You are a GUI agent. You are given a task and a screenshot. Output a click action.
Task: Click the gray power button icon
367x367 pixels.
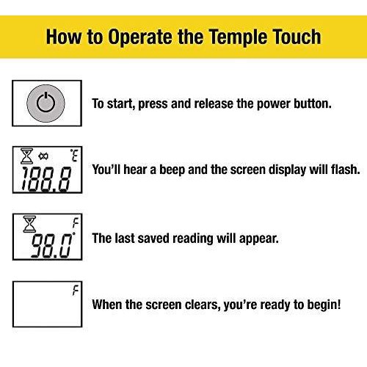(46, 103)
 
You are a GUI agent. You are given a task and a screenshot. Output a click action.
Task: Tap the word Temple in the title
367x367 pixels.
(237, 37)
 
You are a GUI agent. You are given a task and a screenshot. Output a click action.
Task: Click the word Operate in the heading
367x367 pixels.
(140, 37)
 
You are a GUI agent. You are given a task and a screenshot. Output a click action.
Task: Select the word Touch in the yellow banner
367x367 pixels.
(297, 37)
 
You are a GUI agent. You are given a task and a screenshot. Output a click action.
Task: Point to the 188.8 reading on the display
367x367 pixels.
(47, 179)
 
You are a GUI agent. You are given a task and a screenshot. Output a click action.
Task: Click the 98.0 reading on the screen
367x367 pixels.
(52, 245)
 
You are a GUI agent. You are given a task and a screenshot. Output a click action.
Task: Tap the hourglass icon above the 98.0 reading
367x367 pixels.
(29, 224)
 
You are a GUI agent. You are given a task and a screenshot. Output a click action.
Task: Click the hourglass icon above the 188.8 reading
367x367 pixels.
(26, 156)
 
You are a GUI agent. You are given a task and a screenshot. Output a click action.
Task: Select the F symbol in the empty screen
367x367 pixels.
(76, 291)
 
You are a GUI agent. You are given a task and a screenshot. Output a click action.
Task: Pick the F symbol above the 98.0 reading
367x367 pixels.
(76, 223)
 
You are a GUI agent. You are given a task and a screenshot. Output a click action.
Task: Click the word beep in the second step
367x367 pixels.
(172, 170)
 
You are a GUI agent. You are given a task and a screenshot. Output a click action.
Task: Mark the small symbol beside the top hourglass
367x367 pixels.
(43, 156)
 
